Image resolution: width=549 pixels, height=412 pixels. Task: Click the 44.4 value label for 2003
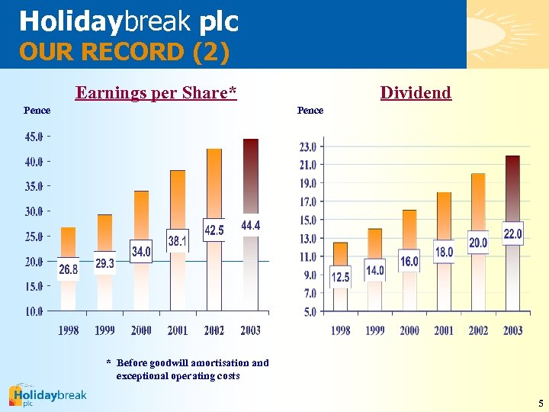coord(251,225)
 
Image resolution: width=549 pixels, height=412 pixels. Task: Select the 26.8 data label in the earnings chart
coord(69,269)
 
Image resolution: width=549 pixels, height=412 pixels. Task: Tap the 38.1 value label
coord(178,241)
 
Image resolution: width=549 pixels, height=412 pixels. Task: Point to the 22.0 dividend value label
coord(512,233)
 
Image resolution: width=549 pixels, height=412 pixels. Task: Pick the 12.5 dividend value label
coord(340,277)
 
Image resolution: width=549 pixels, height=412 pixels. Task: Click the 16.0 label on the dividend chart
coord(409,261)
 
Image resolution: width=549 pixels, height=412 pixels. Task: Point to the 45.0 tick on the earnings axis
coord(34,137)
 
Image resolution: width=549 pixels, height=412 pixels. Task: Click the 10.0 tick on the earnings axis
coord(34,311)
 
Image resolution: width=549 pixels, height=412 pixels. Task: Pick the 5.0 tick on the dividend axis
coord(310,312)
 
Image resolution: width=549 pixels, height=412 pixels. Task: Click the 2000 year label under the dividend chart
coord(409,330)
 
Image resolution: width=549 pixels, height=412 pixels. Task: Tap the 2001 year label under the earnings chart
coord(178,330)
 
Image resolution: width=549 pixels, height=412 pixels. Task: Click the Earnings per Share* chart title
coord(156,93)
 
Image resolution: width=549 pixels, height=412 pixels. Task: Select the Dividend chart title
coord(416,93)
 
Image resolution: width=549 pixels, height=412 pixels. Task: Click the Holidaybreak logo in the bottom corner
coord(47,395)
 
